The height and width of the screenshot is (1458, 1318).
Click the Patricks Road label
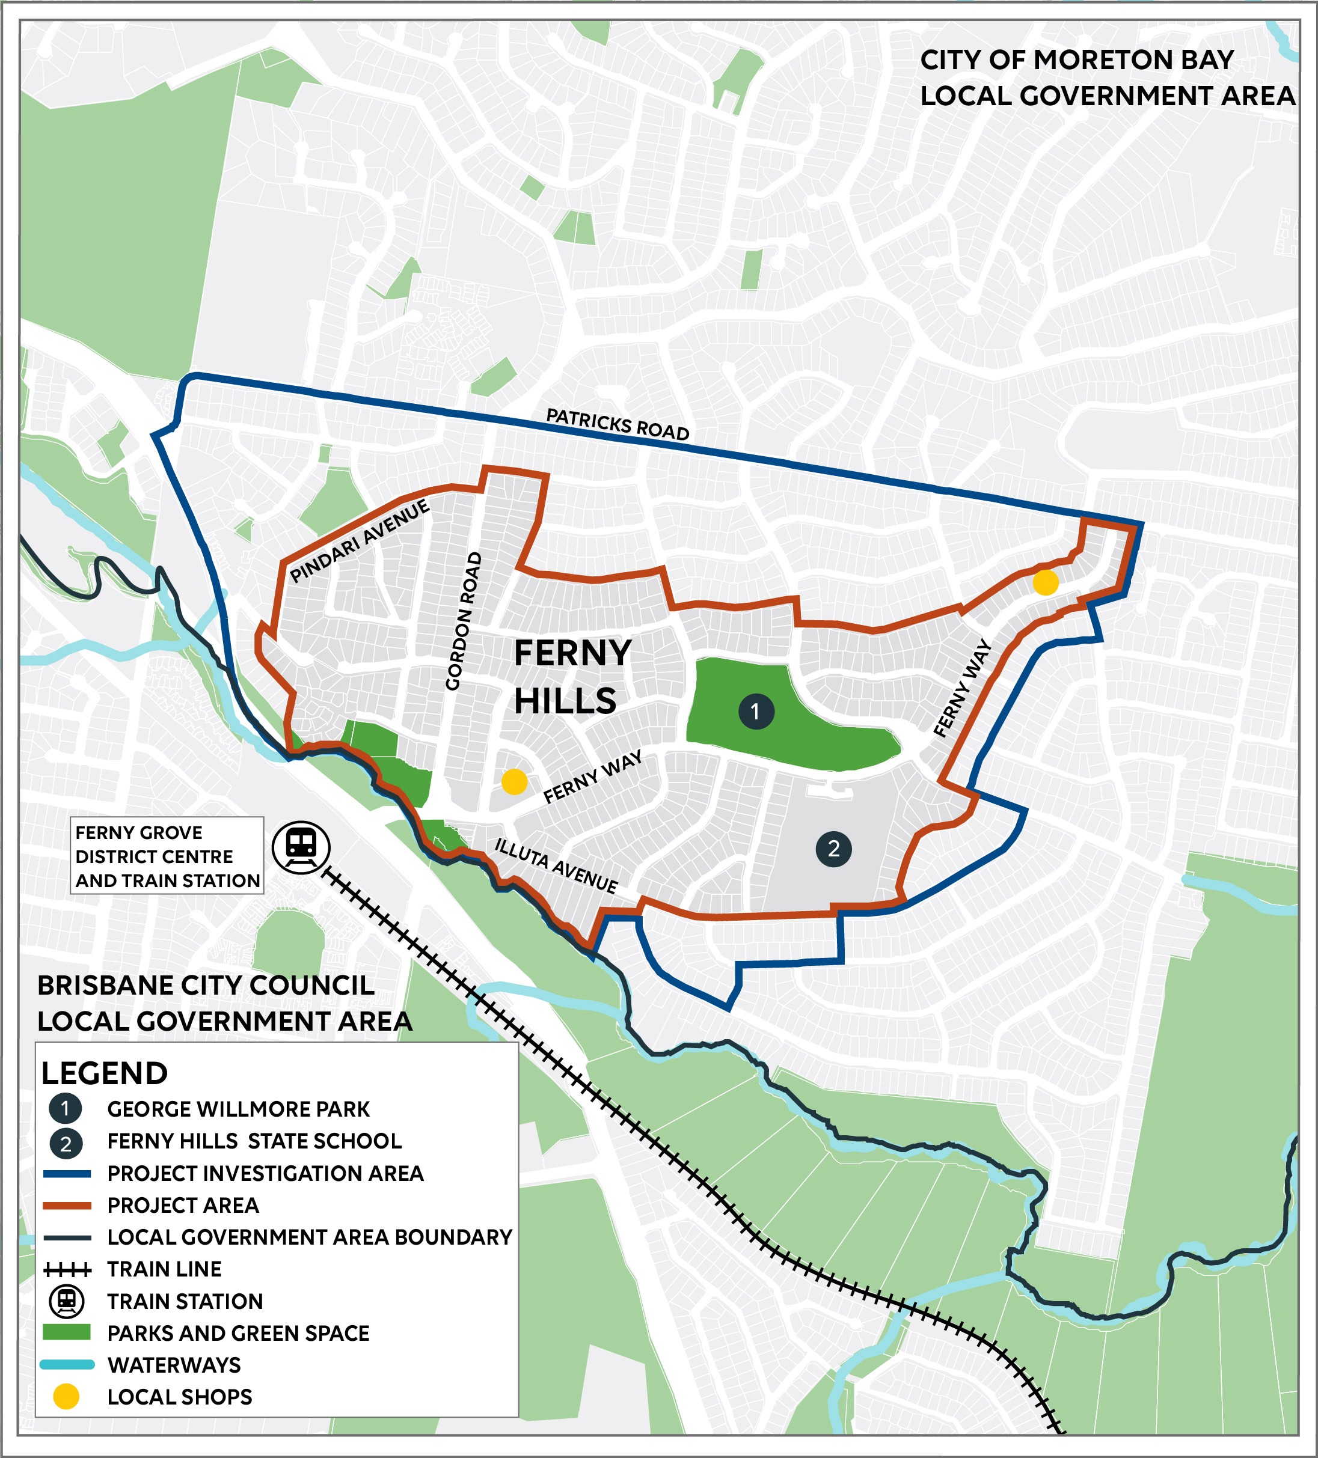617,424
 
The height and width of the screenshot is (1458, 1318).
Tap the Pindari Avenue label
360,541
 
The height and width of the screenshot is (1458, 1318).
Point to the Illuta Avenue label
556,865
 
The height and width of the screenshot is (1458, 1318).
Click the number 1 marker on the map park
756,712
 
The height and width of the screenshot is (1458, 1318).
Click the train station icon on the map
301,847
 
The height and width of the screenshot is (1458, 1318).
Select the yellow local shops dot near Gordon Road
514,781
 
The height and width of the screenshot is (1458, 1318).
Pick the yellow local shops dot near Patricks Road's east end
1045,582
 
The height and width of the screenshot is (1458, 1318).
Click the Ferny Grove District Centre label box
167,856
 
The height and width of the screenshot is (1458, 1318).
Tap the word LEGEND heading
104,1073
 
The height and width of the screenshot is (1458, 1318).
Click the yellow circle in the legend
66,1397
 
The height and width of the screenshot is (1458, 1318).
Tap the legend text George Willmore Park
238,1109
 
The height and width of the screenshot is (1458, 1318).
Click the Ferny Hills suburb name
571,677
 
